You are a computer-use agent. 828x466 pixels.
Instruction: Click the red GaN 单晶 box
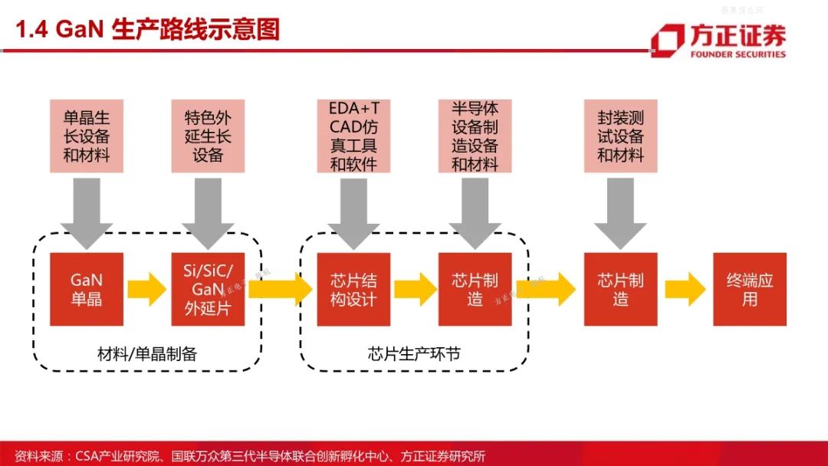(x=87, y=289)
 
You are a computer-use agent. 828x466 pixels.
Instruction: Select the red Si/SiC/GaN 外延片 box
(x=208, y=289)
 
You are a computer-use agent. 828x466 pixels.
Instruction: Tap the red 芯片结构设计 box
(x=353, y=289)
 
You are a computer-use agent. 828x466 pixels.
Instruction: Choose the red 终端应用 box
(x=750, y=289)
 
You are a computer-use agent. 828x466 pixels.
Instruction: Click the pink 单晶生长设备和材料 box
(x=87, y=136)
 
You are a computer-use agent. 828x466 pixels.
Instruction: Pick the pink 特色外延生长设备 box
(x=208, y=136)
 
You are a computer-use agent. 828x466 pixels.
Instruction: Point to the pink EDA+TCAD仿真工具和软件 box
(x=353, y=136)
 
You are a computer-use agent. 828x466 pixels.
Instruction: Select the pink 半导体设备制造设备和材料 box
(x=475, y=136)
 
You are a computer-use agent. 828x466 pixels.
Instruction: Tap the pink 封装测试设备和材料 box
(x=621, y=136)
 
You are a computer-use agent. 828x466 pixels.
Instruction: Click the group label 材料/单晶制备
(x=147, y=353)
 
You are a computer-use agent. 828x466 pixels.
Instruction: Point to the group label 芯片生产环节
(x=415, y=353)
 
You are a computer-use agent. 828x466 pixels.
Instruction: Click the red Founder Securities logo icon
(x=668, y=40)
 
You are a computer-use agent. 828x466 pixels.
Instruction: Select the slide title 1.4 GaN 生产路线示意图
(x=148, y=29)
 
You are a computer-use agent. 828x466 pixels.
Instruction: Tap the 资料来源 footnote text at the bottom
(x=250, y=455)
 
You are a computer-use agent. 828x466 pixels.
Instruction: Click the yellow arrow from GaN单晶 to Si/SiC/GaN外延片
(x=147, y=289)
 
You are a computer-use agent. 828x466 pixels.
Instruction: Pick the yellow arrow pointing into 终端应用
(x=685, y=289)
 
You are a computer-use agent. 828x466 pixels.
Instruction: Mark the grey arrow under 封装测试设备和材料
(x=620, y=213)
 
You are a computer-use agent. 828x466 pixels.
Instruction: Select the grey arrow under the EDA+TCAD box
(x=353, y=213)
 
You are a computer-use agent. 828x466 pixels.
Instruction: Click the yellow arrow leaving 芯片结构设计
(x=416, y=289)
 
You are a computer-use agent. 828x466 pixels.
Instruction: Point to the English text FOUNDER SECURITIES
(x=738, y=54)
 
